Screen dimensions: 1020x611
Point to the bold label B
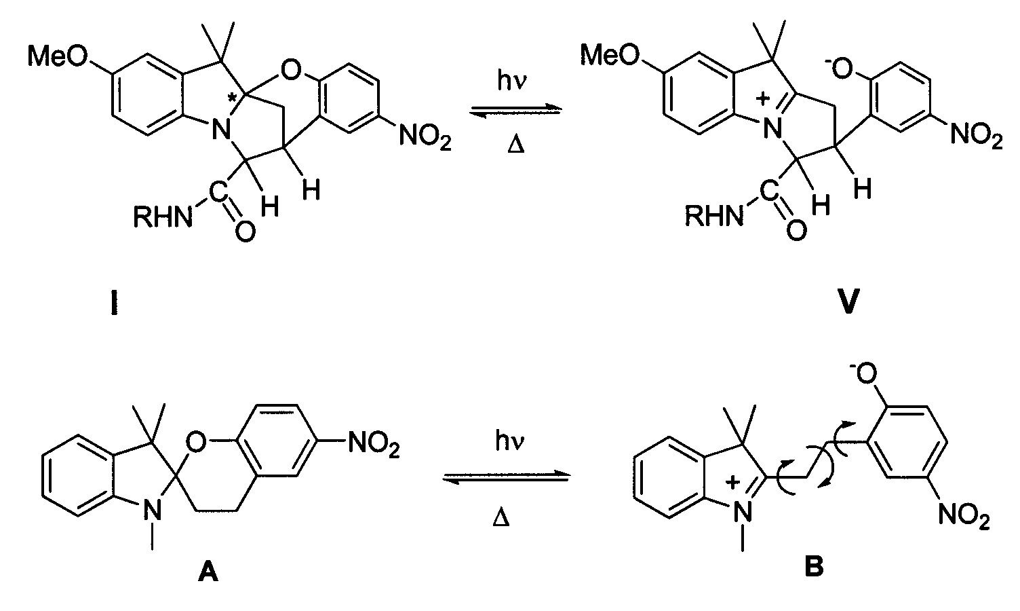814,568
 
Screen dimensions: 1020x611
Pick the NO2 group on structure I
425,136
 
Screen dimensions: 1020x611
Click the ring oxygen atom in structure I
291,71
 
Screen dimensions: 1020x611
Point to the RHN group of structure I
163,217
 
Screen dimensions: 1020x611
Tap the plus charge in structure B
732,482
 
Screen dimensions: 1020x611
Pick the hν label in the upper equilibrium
512,81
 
